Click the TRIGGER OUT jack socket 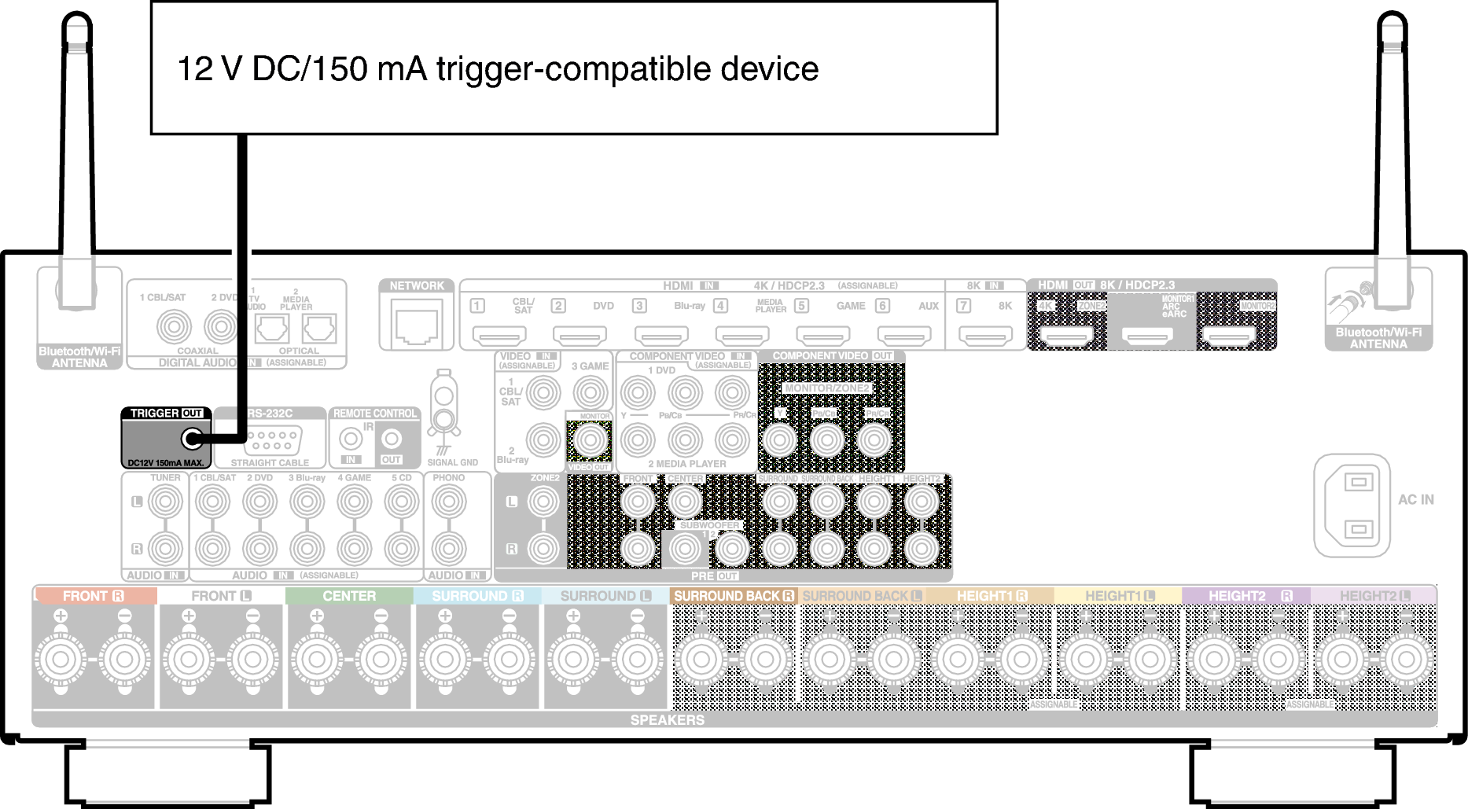tap(191, 439)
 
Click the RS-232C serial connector tap(272, 439)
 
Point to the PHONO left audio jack tap(449, 502)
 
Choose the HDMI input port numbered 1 tap(499, 335)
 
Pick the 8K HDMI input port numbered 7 tap(986, 335)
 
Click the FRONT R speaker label tap(94, 596)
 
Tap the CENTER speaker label tap(349, 596)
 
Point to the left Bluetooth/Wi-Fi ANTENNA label tap(79, 357)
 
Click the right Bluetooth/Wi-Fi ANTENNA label tap(1378, 338)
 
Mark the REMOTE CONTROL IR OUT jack tap(391, 439)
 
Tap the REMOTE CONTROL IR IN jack tap(350, 439)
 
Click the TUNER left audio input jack tap(165, 502)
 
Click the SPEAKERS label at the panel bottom tap(667, 719)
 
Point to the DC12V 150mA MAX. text tap(166, 463)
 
